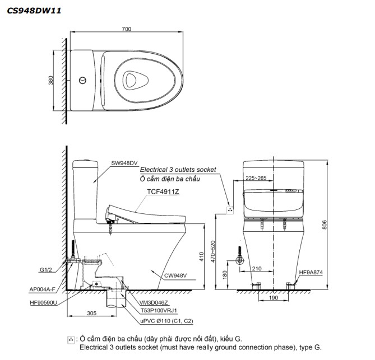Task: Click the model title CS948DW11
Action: tap(34, 11)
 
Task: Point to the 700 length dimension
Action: tap(127, 29)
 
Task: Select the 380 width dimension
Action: tap(50, 80)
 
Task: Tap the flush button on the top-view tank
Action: tap(82, 80)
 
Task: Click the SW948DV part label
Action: tap(124, 163)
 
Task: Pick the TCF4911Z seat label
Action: tap(163, 191)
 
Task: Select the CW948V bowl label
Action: tap(175, 275)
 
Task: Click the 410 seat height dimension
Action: tap(201, 256)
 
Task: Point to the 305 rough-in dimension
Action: tap(91, 313)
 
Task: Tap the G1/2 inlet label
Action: tap(45, 270)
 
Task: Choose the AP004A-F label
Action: tap(43, 289)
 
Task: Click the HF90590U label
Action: tap(44, 303)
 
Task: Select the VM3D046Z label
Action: tap(154, 303)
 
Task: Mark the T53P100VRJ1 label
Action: tap(159, 310)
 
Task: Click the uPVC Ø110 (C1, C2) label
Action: tap(166, 321)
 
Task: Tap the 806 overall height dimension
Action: tap(325, 225)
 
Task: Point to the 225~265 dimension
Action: tap(256, 178)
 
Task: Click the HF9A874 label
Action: tap(311, 272)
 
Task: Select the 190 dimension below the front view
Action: tap(274, 298)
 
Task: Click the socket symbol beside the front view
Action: tap(230, 210)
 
